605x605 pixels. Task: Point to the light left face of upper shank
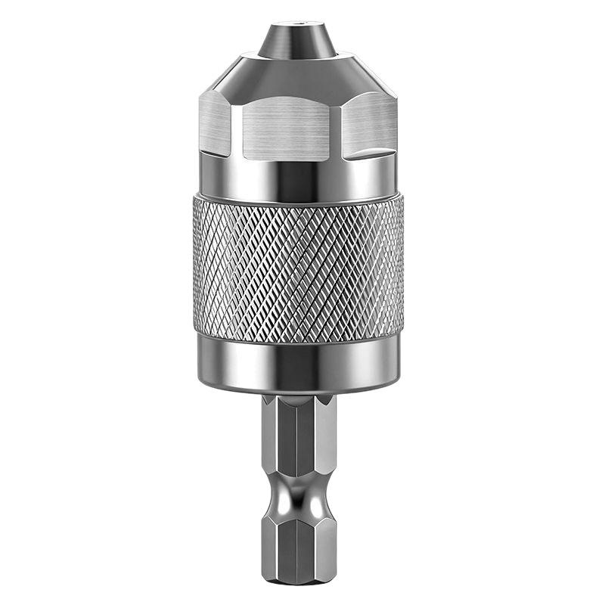(271, 439)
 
